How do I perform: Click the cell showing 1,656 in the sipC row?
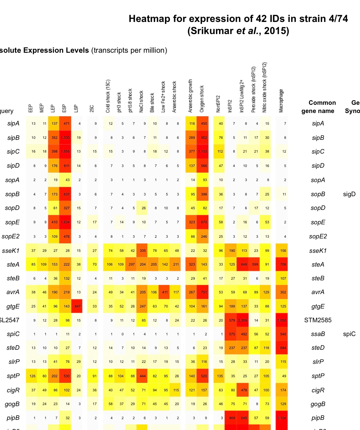tap(65, 152)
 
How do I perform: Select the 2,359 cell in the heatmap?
tap(243, 320)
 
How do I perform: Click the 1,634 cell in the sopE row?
tap(65, 222)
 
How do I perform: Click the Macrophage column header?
tap(281, 101)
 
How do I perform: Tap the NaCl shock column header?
tap(141, 102)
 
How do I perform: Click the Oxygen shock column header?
tap(202, 99)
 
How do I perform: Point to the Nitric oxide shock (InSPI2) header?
tap(264, 87)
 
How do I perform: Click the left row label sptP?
tap(13, 376)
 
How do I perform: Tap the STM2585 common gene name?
tap(317, 320)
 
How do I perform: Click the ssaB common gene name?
tap(318, 334)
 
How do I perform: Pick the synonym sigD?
tap(349, 194)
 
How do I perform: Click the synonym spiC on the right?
tap(349, 334)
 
